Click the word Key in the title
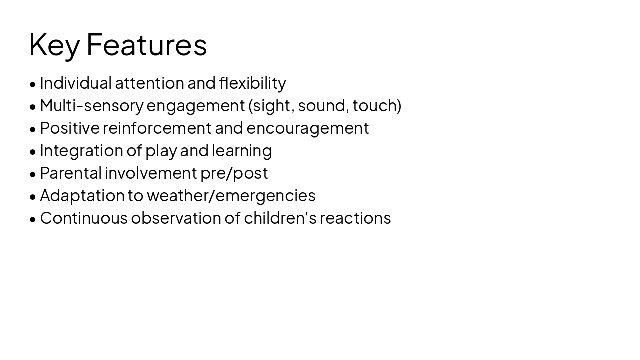coord(54,45)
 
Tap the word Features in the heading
coord(146,45)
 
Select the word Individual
coord(76,83)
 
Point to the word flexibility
coord(252,83)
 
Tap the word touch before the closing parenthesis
coord(375,106)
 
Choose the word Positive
coord(70,128)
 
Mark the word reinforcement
coord(157,128)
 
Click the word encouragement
coord(307,128)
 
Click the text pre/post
coord(234,173)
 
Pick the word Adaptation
coord(82,196)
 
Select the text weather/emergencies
coord(231,196)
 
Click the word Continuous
coord(84,218)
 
